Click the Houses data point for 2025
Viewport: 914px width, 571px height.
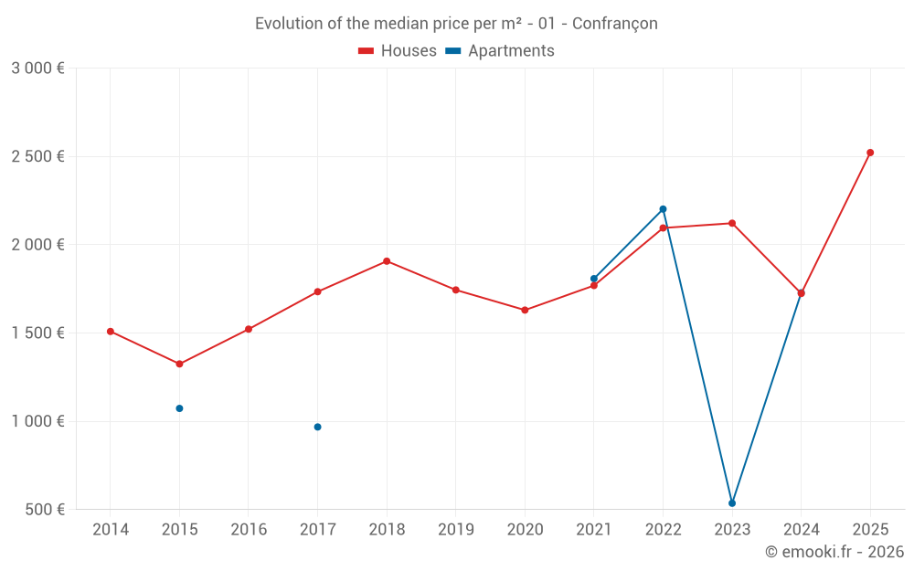tap(870, 153)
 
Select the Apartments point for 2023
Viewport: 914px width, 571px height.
tap(732, 503)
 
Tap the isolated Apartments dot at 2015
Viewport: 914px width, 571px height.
tap(179, 408)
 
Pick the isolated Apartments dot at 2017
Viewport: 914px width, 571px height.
tap(317, 427)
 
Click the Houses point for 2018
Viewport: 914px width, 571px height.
tap(387, 261)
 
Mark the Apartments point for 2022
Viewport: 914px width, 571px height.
tap(663, 209)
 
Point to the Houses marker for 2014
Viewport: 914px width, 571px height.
tap(111, 332)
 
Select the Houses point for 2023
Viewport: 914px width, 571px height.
tap(732, 223)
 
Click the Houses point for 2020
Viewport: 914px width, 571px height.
tap(525, 311)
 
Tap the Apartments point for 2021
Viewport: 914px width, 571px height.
tap(594, 279)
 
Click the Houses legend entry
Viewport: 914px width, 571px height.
tap(398, 51)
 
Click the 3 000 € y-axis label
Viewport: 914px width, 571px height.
tap(37, 69)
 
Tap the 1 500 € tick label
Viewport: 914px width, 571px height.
tap(37, 333)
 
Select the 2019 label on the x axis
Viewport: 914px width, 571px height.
tap(455, 530)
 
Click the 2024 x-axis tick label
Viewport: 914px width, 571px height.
tap(801, 530)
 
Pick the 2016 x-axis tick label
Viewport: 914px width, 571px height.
tap(249, 530)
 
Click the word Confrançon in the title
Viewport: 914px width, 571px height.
tap(614, 24)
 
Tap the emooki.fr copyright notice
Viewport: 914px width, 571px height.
tap(834, 552)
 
